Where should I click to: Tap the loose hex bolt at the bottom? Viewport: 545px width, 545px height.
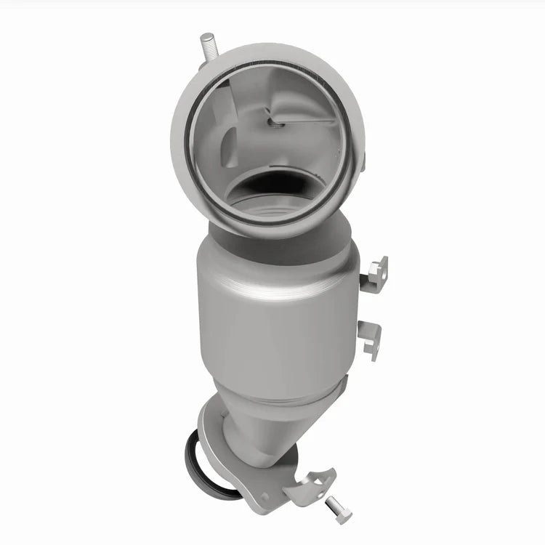[x=339, y=511]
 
